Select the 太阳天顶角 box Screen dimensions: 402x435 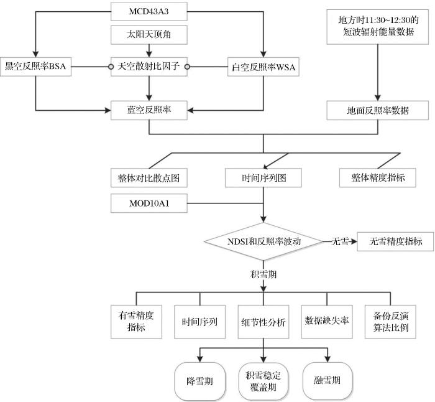click(149, 35)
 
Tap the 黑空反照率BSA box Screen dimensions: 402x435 click(36, 65)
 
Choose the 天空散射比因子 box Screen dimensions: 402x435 click(149, 65)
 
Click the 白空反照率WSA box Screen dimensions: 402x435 click(264, 65)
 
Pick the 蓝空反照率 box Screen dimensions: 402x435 click(149, 110)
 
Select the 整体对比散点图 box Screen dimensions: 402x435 click(149, 177)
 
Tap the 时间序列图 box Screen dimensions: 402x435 click(264, 177)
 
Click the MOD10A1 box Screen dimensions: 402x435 click(149, 203)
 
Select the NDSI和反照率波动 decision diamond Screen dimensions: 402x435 click(264, 241)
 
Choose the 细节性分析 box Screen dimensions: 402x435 click(264, 322)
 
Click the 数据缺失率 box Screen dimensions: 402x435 click(326, 322)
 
